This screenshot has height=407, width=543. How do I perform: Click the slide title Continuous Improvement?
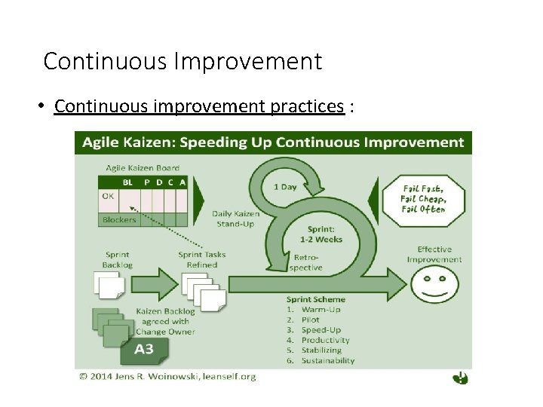(183, 61)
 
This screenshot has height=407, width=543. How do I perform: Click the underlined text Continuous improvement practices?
(199, 106)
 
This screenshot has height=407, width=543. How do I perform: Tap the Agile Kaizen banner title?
(273, 142)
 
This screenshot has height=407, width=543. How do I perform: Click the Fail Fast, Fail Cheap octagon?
(425, 199)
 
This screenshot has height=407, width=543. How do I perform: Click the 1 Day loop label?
(285, 186)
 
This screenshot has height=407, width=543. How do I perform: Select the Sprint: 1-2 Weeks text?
(324, 234)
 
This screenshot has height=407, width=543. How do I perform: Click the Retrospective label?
(305, 262)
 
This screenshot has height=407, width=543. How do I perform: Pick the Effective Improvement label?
(434, 254)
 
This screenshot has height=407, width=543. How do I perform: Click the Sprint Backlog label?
(117, 259)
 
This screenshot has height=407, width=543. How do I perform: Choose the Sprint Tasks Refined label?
(202, 259)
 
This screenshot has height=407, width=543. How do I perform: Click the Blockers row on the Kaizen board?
(119, 220)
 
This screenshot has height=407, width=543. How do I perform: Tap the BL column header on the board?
(128, 182)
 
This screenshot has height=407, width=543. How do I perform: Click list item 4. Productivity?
(320, 340)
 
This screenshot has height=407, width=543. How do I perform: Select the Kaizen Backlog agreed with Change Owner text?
(165, 321)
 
